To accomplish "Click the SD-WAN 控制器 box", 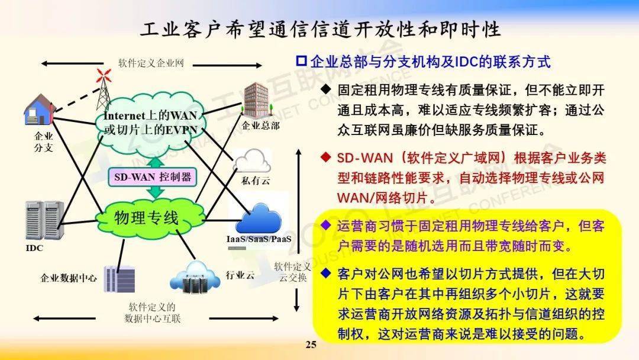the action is point(153,177).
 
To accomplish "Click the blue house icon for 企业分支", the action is point(39,110).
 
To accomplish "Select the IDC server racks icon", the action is point(44,220).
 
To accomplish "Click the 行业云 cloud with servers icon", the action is point(195,278).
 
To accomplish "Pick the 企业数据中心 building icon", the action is point(119,278).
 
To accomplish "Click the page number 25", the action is point(311,345).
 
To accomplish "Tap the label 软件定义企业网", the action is point(151,63).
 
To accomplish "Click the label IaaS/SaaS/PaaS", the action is point(259,239).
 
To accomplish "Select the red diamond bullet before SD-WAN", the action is point(325,157).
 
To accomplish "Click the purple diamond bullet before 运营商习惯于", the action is point(325,224).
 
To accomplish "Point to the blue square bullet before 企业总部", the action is point(301,61).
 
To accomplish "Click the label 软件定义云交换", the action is point(293,272).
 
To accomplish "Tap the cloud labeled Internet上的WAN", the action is point(150,123).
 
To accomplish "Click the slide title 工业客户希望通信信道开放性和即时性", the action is point(320,30).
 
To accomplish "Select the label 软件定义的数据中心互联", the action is point(153,313).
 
